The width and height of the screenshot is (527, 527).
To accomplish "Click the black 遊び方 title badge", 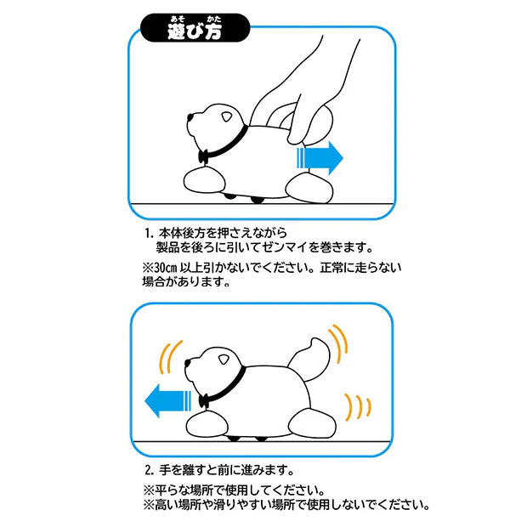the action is click(195, 28).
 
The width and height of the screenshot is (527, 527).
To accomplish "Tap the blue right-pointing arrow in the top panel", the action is click(320, 158).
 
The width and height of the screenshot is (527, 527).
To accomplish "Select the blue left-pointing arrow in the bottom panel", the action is click(167, 401).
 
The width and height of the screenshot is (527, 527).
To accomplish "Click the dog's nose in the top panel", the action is click(190, 117).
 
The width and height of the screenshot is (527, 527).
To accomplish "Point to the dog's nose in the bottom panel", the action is click(188, 363).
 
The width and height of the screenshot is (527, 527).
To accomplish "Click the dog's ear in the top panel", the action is click(227, 117).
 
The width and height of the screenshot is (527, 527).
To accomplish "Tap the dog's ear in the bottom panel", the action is click(224, 360).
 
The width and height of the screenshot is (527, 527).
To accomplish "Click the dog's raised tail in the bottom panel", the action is click(309, 360).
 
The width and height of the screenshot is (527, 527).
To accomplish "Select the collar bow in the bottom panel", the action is click(203, 401).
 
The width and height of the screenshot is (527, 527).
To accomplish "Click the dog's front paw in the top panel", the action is click(204, 181).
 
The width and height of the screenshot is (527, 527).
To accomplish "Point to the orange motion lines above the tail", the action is click(339, 343).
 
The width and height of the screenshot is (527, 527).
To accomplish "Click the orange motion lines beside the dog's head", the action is click(170, 357).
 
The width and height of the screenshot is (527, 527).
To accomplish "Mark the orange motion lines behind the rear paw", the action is click(359, 407).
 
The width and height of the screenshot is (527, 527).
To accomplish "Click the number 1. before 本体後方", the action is click(150, 233).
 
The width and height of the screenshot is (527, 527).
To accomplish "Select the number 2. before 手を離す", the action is click(150, 469).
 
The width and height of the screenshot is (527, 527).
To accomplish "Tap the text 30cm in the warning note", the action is click(166, 268).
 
